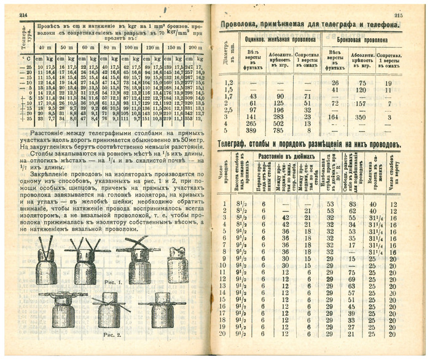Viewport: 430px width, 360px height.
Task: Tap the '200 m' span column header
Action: pyautogui.click(x=194, y=47)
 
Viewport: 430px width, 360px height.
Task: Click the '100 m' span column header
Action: pyautogui.click(x=131, y=47)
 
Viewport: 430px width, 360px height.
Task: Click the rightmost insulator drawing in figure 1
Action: pyautogui.click(x=178, y=262)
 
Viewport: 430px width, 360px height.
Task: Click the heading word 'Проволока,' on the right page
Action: pyautogui.click(x=244, y=25)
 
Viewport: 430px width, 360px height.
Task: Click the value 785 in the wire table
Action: pyautogui.click(x=280, y=131)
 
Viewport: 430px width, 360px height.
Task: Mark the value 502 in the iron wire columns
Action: pyautogui.click(x=280, y=123)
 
